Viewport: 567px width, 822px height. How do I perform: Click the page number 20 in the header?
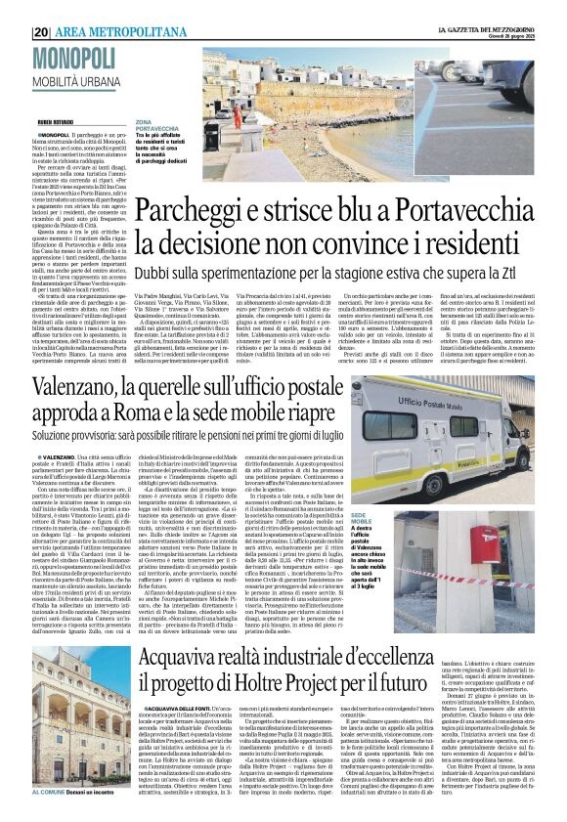pyautogui.click(x=39, y=31)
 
